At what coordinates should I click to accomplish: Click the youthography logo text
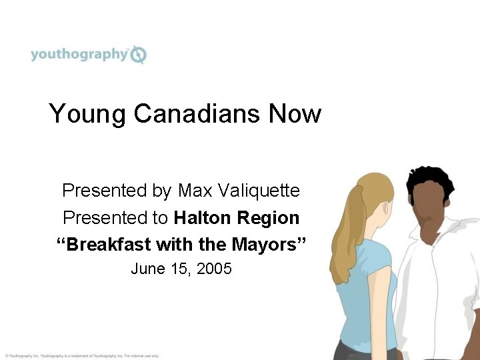click(x=78, y=54)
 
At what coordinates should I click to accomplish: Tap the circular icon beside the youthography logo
click(x=139, y=55)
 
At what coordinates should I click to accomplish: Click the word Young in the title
click(x=87, y=113)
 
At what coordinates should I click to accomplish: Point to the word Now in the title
click(x=294, y=113)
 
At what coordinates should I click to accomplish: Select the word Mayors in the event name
click(x=268, y=245)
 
